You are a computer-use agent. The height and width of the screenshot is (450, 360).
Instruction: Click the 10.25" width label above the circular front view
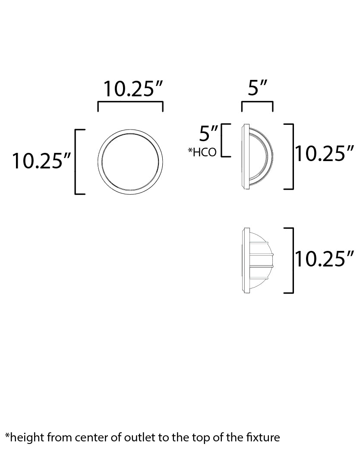(x=133, y=89)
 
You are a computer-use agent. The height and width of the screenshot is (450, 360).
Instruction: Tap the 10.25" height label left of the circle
(x=41, y=161)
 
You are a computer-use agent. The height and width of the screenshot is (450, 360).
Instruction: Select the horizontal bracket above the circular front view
(x=130, y=103)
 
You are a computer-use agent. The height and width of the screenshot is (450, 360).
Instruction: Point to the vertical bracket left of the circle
(x=76, y=162)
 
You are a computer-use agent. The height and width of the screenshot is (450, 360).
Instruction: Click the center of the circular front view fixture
(x=130, y=161)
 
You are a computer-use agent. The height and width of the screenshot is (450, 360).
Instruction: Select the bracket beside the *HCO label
(x=222, y=140)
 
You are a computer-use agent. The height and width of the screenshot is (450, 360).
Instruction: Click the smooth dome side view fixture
(x=257, y=156)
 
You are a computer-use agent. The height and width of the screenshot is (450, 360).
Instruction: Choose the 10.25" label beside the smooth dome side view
(x=325, y=153)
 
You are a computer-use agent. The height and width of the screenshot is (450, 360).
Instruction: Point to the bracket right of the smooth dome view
(x=293, y=156)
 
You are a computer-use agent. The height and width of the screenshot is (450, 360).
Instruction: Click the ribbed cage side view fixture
(x=257, y=260)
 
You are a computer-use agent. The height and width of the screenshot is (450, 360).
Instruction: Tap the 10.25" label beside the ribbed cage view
(x=325, y=259)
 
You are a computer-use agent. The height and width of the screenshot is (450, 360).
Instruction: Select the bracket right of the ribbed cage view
(x=293, y=260)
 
